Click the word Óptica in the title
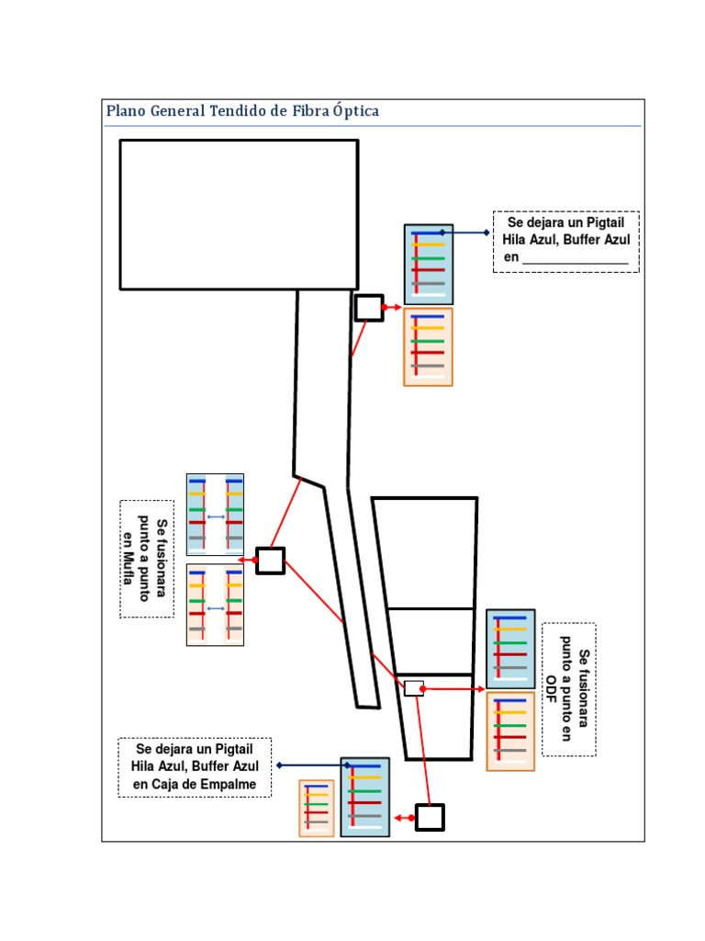[356, 110]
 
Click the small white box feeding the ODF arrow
[414, 688]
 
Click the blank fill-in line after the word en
[575, 263]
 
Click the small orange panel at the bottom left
[317, 808]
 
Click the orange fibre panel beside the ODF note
[510, 731]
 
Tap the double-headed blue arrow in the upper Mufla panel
[216, 516]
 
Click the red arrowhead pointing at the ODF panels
[479, 689]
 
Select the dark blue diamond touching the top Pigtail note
[487, 232]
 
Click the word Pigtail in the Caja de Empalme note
[234, 749]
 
